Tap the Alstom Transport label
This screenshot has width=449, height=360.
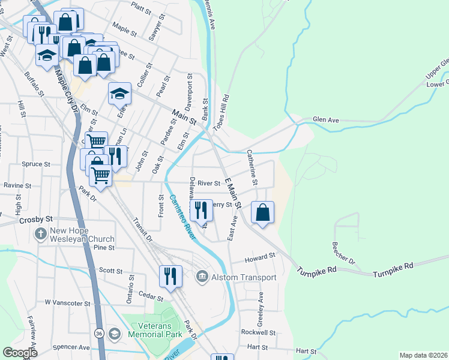244,277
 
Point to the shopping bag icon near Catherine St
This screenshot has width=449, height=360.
262,214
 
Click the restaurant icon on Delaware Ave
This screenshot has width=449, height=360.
201,211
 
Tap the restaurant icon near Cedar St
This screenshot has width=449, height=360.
170,276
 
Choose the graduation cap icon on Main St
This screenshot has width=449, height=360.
119,94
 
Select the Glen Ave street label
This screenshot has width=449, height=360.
326,120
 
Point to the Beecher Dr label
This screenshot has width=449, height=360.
343,254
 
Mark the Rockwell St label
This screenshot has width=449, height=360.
258,332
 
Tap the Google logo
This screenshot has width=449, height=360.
20,352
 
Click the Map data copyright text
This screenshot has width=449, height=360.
423,355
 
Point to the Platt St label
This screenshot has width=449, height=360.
143,7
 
